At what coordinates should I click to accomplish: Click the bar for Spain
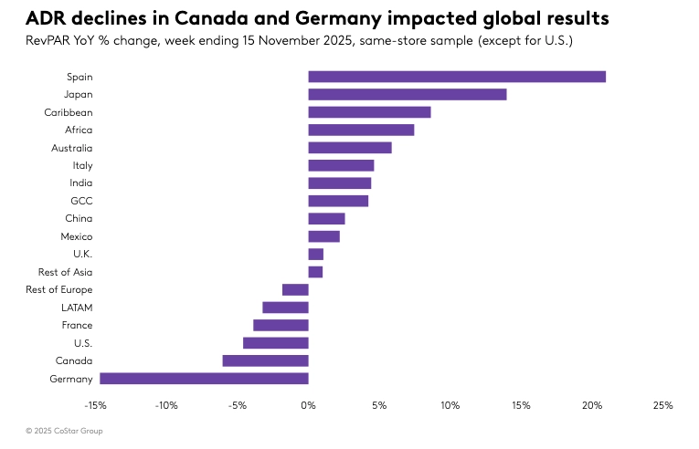pyautogui.click(x=457, y=77)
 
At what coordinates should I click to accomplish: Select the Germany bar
pyautogui.click(x=204, y=379)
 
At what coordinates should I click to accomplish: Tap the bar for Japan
pyautogui.click(x=408, y=94)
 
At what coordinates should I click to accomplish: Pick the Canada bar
pyautogui.click(x=265, y=360)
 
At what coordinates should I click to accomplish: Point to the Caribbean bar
pyautogui.click(x=369, y=112)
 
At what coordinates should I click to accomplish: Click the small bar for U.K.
pyautogui.click(x=315, y=254)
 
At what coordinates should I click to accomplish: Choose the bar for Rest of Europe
pyautogui.click(x=295, y=289)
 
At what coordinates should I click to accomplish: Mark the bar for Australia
pyautogui.click(x=350, y=148)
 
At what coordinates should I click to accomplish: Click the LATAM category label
pyautogui.click(x=77, y=308)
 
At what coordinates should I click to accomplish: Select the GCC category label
pyautogui.click(x=81, y=201)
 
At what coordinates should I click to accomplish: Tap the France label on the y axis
pyautogui.click(x=77, y=325)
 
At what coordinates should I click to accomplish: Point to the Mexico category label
pyautogui.click(x=77, y=236)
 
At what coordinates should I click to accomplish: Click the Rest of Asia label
pyautogui.click(x=65, y=272)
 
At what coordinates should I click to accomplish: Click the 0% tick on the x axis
pyautogui.click(x=308, y=405)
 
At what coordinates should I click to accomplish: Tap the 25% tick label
pyautogui.click(x=662, y=405)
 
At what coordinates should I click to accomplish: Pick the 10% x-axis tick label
pyautogui.click(x=450, y=405)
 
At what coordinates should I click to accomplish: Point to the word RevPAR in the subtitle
pyautogui.click(x=49, y=41)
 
